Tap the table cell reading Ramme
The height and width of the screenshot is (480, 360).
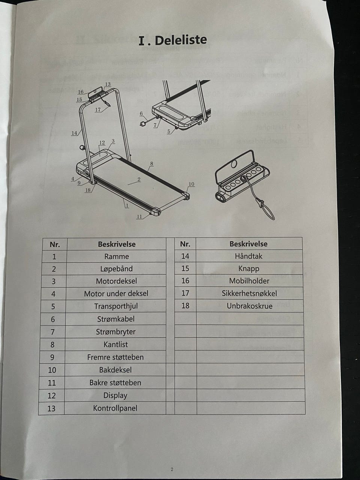pos(117,256)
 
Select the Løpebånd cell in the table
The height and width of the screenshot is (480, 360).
pos(116,269)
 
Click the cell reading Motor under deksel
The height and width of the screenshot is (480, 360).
pos(116,294)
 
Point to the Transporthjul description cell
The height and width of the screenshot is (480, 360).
pos(116,306)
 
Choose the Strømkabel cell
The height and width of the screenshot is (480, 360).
pos(115,319)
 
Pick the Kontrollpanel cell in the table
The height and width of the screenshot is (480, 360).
pos(115,408)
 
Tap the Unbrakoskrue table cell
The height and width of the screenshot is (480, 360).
pos(249,306)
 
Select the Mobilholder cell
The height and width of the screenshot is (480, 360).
pos(249,281)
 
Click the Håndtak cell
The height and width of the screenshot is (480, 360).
pos(249,256)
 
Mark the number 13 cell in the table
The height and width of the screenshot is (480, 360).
pos(51,408)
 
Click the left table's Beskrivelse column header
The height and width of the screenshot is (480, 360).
pos(117,244)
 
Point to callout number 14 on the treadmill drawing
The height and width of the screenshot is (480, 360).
pos(74,133)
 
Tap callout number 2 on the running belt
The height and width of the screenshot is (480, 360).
pos(139,179)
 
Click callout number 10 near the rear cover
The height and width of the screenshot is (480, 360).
pos(191,184)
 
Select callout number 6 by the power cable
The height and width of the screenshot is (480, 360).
pos(141,114)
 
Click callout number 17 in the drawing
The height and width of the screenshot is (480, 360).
pos(98,109)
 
